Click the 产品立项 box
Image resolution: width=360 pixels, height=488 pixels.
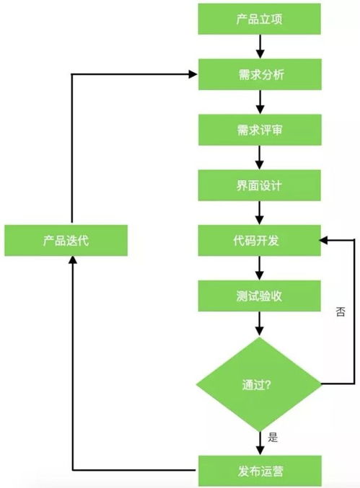(x=260, y=19)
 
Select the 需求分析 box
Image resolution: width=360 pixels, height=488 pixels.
(x=260, y=74)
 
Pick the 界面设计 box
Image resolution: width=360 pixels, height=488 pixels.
(x=260, y=185)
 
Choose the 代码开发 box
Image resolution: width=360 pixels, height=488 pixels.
(x=260, y=240)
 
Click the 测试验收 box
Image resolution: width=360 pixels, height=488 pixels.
(x=260, y=296)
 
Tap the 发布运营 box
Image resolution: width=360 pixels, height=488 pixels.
(x=260, y=471)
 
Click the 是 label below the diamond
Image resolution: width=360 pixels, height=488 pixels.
(x=273, y=437)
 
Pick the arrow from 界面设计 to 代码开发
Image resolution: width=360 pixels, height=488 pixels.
(x=260, y=213)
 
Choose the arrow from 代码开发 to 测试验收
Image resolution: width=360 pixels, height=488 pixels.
(x=260, y=268)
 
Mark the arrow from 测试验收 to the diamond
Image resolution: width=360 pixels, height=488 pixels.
(x=260, y=324)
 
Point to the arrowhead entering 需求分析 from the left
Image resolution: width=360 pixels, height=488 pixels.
(x=193, y=74)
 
